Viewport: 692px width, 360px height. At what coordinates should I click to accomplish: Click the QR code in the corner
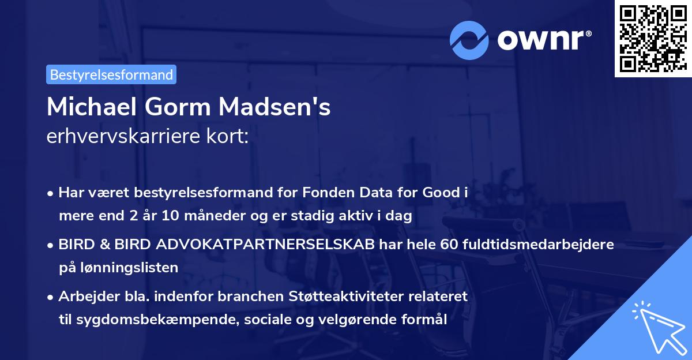(652, 39)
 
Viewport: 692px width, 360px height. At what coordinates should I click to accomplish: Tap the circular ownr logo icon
(469, 40)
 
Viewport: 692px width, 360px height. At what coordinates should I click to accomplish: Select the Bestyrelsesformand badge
(111, 74)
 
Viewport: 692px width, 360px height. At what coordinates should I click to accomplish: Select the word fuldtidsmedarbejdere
(537, 244)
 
